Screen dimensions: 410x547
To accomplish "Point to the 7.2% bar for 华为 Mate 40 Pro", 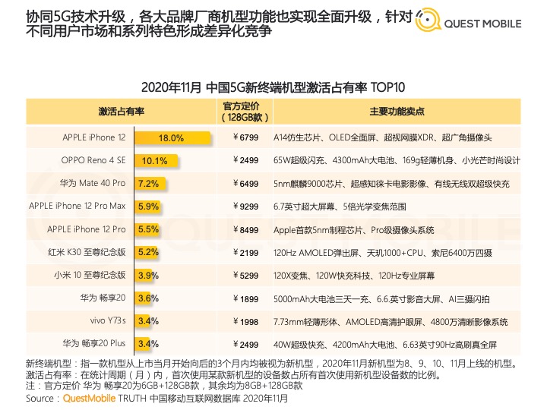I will click(x=148, y=184).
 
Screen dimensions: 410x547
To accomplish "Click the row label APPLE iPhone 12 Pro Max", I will click(x=77, y=207).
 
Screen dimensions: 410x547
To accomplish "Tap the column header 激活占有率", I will click(x=122, y=112).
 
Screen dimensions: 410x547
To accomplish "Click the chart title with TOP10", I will click(x=273, y=87).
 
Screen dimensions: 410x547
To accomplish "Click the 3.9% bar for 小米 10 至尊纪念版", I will click(x=147, y=275).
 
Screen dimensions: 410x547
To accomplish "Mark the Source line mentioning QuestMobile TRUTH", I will click(x=157, y=398).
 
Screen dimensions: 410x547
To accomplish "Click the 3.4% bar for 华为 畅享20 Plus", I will click(x=147, y=343).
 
